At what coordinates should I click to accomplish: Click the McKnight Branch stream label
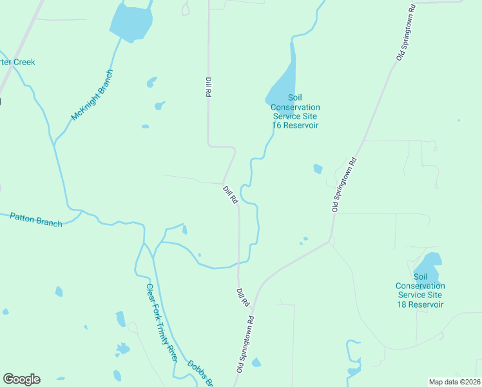(93, 95)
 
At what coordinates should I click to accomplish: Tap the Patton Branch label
(36, 219)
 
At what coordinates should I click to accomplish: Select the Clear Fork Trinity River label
(161, 322)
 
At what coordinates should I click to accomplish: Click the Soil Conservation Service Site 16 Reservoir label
(295, 116)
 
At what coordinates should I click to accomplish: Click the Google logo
(21, 379)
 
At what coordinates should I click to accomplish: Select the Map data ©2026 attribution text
(454, 382)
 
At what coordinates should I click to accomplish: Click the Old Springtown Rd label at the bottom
(246, 344)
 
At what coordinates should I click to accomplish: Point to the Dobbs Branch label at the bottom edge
(200, 373)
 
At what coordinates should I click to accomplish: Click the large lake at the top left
(132, 21)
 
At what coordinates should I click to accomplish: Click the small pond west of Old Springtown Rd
(318, 169)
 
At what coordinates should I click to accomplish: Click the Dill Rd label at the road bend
(230, 195)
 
